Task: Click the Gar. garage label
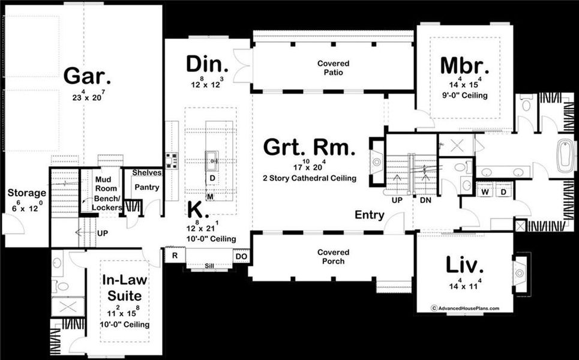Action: pos(87,77)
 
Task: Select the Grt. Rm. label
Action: pos(310,148)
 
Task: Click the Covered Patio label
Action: pos(333,68)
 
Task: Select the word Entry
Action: pos(370,215)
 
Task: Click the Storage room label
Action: pos(26,193)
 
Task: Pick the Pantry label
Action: pos(146,187)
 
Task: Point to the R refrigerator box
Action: pos(175,254)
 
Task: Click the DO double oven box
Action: pos(241,256)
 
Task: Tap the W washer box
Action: pos(485,191)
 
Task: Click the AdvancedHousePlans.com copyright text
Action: pos(464,308)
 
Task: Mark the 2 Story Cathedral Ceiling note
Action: pos(310,178)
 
